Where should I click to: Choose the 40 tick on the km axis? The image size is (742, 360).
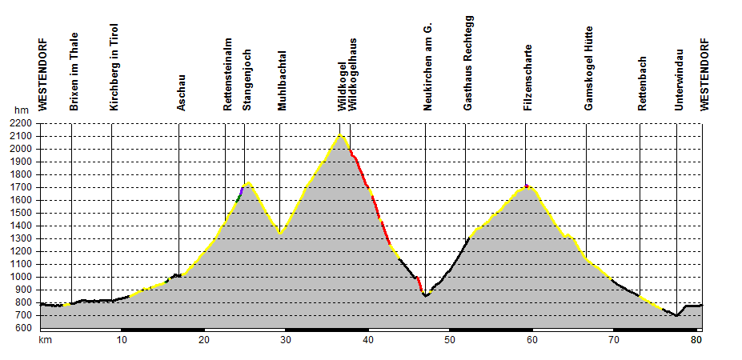click(x=367, y=340)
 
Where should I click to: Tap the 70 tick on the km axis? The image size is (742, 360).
click(x=613, y=340)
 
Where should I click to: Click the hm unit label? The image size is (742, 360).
click(x=21, y=110)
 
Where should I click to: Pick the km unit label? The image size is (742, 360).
click(x=45, y=340)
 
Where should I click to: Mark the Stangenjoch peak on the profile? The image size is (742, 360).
click(x=248, y=183)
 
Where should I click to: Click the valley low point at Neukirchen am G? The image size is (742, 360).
click(x=426, y=296)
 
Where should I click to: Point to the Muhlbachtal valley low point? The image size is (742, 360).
click(x=280, y=234)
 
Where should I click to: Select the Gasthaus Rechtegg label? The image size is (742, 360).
click(x=468, y=62)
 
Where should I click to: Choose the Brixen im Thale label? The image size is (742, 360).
click(x=74, y=76)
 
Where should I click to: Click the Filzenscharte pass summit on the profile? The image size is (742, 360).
click(x=527, y=186)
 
